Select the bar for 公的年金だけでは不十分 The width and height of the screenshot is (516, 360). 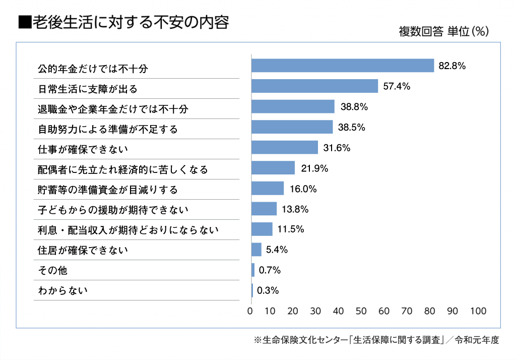click(343, 66)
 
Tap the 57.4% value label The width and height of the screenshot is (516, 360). click(397, 86)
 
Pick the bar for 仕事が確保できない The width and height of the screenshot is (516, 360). click(285, 147)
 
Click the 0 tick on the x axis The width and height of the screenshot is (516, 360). click(250, 311)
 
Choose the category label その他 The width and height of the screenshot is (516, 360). click(53, 270)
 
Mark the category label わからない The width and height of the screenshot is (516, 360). click(63, 290)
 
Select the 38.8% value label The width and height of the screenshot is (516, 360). click(353, 107)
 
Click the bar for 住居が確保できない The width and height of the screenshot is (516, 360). click(256, 250)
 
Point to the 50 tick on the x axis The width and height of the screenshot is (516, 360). click(361, 311)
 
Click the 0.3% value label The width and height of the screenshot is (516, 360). click(268, 290)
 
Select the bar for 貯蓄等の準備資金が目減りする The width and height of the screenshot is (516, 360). click(268, 189)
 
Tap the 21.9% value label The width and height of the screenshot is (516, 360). click(314, 168)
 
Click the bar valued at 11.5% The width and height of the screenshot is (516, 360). click(262, 229)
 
